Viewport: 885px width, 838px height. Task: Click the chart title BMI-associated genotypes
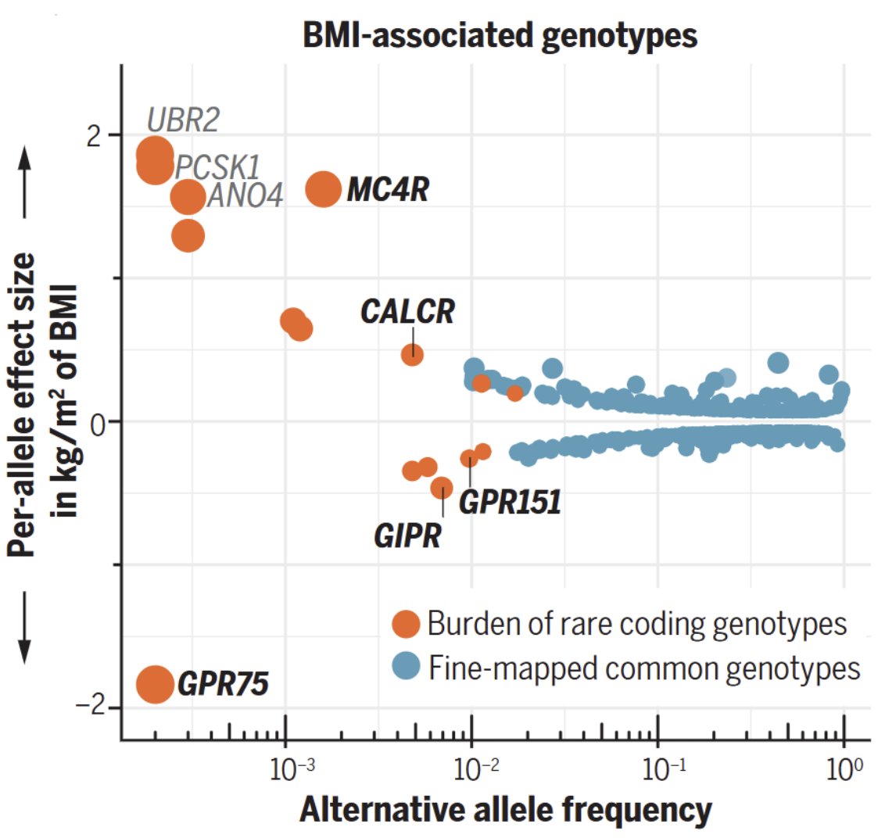click(500, 36)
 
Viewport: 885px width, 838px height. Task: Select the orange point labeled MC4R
click(323, 188)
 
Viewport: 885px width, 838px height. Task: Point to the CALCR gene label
click(407, 312)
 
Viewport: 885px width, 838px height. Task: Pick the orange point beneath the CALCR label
click(412, 354)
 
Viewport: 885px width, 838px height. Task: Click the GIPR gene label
click(407, 537)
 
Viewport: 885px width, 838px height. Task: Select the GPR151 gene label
click(510, 502)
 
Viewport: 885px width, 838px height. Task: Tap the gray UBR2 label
click(183, 121)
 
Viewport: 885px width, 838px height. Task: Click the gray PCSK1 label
click(217, 167)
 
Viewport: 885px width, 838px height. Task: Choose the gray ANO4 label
click(245, 196)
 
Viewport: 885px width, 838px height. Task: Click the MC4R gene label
click(388, 189)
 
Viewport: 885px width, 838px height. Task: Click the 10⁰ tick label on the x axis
click(844, 770)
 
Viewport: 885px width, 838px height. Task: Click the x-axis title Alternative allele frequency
click(505, 811)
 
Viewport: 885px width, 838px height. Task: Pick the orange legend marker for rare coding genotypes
click(406, 624)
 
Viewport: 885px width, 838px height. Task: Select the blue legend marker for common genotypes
click(406, 668)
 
